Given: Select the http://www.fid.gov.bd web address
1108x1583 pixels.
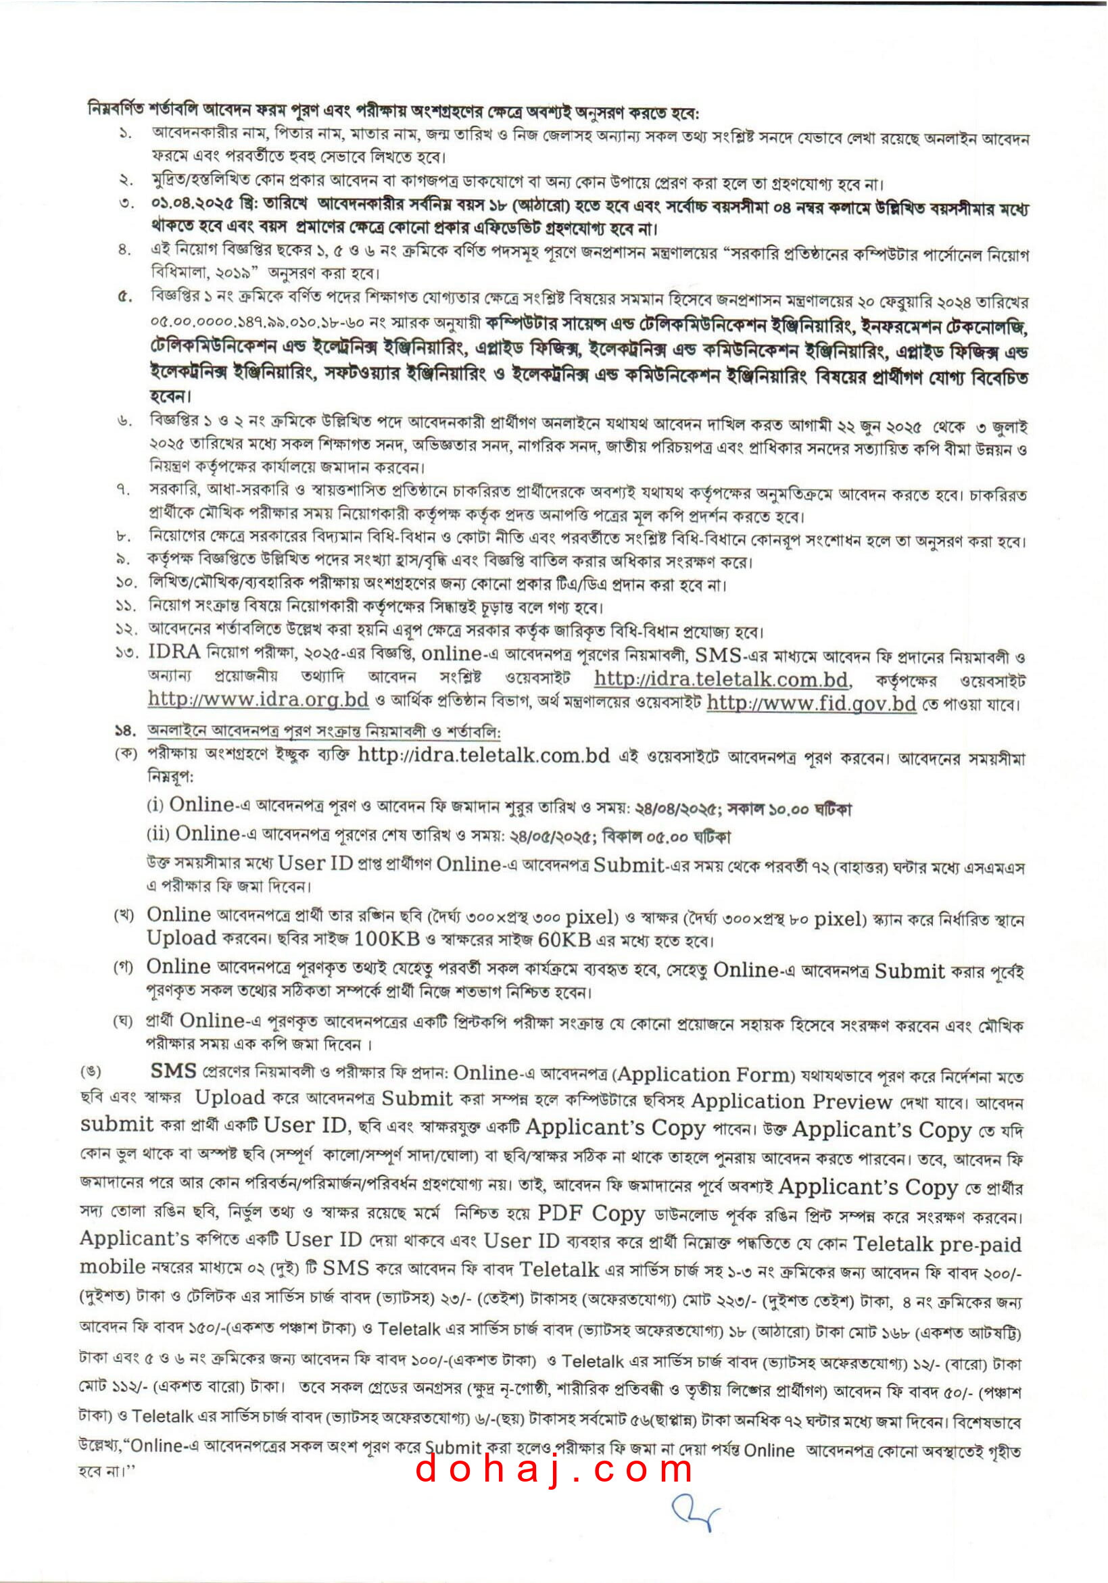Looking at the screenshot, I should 811,703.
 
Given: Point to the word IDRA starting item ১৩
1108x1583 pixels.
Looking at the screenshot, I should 174,652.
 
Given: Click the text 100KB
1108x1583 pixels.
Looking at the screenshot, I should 386,939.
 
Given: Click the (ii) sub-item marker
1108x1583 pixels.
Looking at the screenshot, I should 158,834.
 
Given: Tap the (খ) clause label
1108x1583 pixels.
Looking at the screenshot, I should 124,917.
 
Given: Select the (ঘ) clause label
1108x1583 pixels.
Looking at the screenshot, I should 124,1022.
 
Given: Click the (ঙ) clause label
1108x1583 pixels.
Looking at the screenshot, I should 91,1072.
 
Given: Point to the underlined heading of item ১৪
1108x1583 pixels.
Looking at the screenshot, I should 324,731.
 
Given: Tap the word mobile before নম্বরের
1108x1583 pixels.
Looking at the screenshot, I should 112,1267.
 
